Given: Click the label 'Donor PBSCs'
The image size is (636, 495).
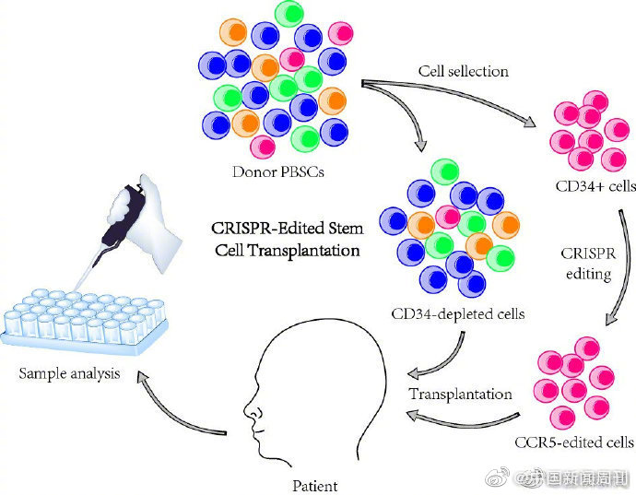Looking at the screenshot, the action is pyautogui.click(x=278, y=171).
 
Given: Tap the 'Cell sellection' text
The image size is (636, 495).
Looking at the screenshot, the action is pyautogui.click(x=464, y=71).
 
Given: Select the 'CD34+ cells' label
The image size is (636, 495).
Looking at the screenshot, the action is pyautogui.click(x=595, y=186).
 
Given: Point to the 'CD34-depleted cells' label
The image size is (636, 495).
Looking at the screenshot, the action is pyautogui.click(x=458, y=313).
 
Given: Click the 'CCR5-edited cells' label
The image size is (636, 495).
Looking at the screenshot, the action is pyautogui.click(x=574, y=442).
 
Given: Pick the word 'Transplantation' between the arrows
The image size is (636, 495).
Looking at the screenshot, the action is pyautogui.click(x=460, y=394).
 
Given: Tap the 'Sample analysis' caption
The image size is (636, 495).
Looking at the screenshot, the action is pyautogui.click(x=69, y=373).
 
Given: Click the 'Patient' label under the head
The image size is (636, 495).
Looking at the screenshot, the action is pyautogui.click(x=314, y=486).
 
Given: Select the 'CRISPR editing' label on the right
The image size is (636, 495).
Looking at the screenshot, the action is pyautogui.click(x=589, y=264).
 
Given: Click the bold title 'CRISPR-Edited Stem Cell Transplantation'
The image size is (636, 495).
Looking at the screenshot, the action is pyautogui.click(x=288, y=240).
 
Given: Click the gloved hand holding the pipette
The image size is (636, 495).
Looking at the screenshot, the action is pyautogui.click(x=150, y=219).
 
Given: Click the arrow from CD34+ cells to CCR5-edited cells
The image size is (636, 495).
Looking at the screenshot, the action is pyautogui.click(x=624, y=268).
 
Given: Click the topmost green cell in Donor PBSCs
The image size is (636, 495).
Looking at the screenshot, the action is pyautogui.click(x=289, y=14).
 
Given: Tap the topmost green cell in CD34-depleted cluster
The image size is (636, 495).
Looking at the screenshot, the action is pyautogui.click(x=444, y=172).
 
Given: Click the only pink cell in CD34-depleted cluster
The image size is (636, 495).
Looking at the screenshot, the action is pyautogui.click(x=448, y=217).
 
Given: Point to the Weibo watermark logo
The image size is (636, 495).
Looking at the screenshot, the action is pyautogui.click(x=498, y=477).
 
